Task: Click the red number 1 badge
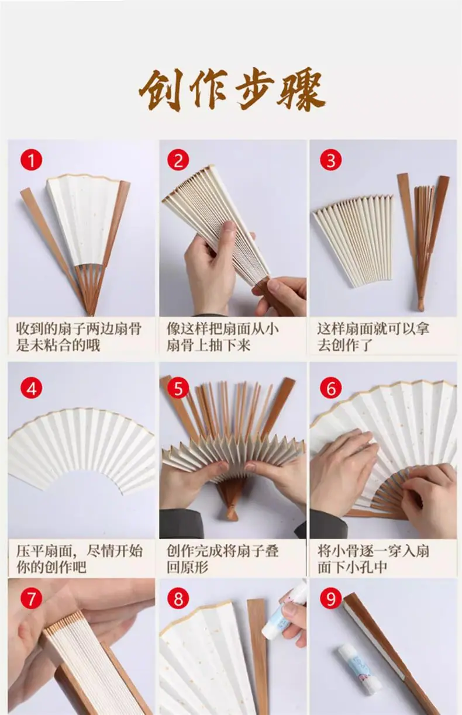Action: pyautogui.click(x=32, y=160)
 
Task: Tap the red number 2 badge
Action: pyautogui.click(x=178, y=160)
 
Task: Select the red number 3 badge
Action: pyautogui.click(x=331, y=160)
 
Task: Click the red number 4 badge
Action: pyautogui.click(x=32, y=388)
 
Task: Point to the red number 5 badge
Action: pyautogui.click(x=178, y=388)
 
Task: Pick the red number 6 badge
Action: pyautogui.click(x=331, y=388)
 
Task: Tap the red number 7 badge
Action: pyautogui.click(x=32, y=598)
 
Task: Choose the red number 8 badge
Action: pyautogui.click(x=178, y=598)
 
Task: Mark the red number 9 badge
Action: pyautogui.click(x=331, y=598)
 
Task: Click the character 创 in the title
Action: pyautogui.click(x=161, y=90)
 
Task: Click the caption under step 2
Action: pyautogui.click(x=223, y=337)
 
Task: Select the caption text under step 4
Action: pyautogui.click(x=80, y=559)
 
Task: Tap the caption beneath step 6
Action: pyautogui.click(x=373, y=559)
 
